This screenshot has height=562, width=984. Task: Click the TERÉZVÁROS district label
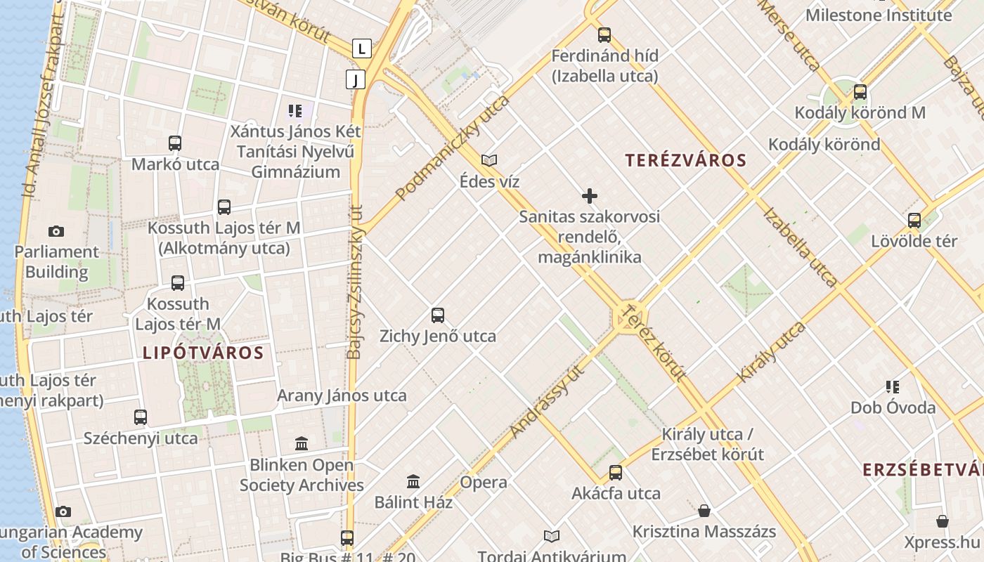click(x=685, y=160)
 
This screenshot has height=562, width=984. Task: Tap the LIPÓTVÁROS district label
click(x=203, y=353)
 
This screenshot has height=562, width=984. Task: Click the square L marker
click(x=361, y=48)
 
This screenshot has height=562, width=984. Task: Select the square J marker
click(x=356, y=79)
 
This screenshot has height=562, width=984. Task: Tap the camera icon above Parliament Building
click(x=56, y=231)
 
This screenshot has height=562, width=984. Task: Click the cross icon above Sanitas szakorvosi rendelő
click(x=590, y=196)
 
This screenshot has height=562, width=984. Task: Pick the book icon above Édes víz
click(x=489, y=161)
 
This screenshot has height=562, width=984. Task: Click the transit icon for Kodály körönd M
click(x=860, y=92)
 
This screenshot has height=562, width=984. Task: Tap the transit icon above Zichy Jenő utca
click(x=438, y=315)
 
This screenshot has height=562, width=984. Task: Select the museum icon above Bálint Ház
click(x=413, y=482)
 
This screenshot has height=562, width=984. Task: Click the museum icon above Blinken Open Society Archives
click(x=302, y=444)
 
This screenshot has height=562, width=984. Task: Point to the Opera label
click(x=484, y=482)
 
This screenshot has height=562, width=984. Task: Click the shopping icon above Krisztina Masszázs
click(x=704, y=511)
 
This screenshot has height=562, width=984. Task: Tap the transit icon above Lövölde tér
click(x=914, y=221)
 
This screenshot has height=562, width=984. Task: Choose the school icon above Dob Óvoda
click(x=893, y=386)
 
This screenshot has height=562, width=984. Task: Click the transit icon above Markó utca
click(x=175, y=143)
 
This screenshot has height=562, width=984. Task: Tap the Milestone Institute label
click(x=879, y=15)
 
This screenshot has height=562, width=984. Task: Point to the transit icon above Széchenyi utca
click(x=141, y=417)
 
